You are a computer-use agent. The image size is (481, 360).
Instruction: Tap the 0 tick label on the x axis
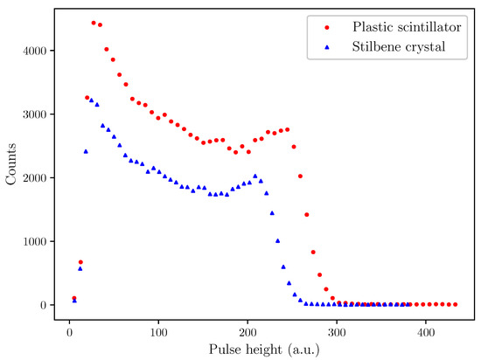point(69,333)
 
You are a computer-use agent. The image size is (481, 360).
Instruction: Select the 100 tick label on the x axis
point(158,333)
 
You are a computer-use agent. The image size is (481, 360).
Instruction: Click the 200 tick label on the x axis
point(247,333)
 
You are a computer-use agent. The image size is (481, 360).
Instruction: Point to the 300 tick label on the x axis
point(337,333)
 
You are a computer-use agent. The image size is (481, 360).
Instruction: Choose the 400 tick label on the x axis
point(426,333)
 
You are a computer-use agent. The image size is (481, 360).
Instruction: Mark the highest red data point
point(94,23)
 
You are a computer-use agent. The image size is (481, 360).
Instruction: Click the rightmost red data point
point(456,304)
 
